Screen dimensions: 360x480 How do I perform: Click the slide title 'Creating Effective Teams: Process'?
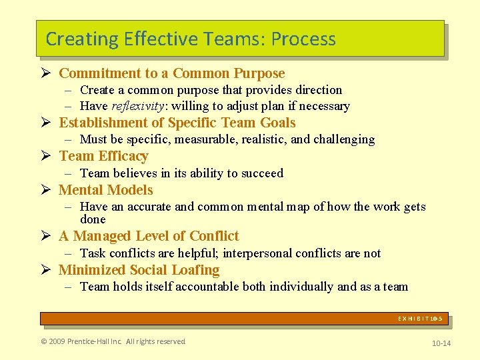191,39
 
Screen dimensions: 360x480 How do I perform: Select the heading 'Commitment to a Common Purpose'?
171,73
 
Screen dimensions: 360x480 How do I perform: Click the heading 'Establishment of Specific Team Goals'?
177,123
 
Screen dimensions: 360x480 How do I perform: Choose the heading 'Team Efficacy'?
103,156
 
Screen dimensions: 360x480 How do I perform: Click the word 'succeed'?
261,173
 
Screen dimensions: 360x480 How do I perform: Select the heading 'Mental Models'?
105,190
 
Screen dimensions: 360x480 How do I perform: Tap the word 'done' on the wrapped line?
93,219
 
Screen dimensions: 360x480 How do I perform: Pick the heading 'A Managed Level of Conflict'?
149,236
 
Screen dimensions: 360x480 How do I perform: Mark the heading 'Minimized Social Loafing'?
139,270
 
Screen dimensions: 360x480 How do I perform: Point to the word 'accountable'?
222,287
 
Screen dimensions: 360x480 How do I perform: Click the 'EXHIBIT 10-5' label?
420,319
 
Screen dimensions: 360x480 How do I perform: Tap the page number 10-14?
441,343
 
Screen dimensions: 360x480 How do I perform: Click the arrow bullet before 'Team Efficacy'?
46,157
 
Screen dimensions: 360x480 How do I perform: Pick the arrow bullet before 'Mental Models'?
46,191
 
